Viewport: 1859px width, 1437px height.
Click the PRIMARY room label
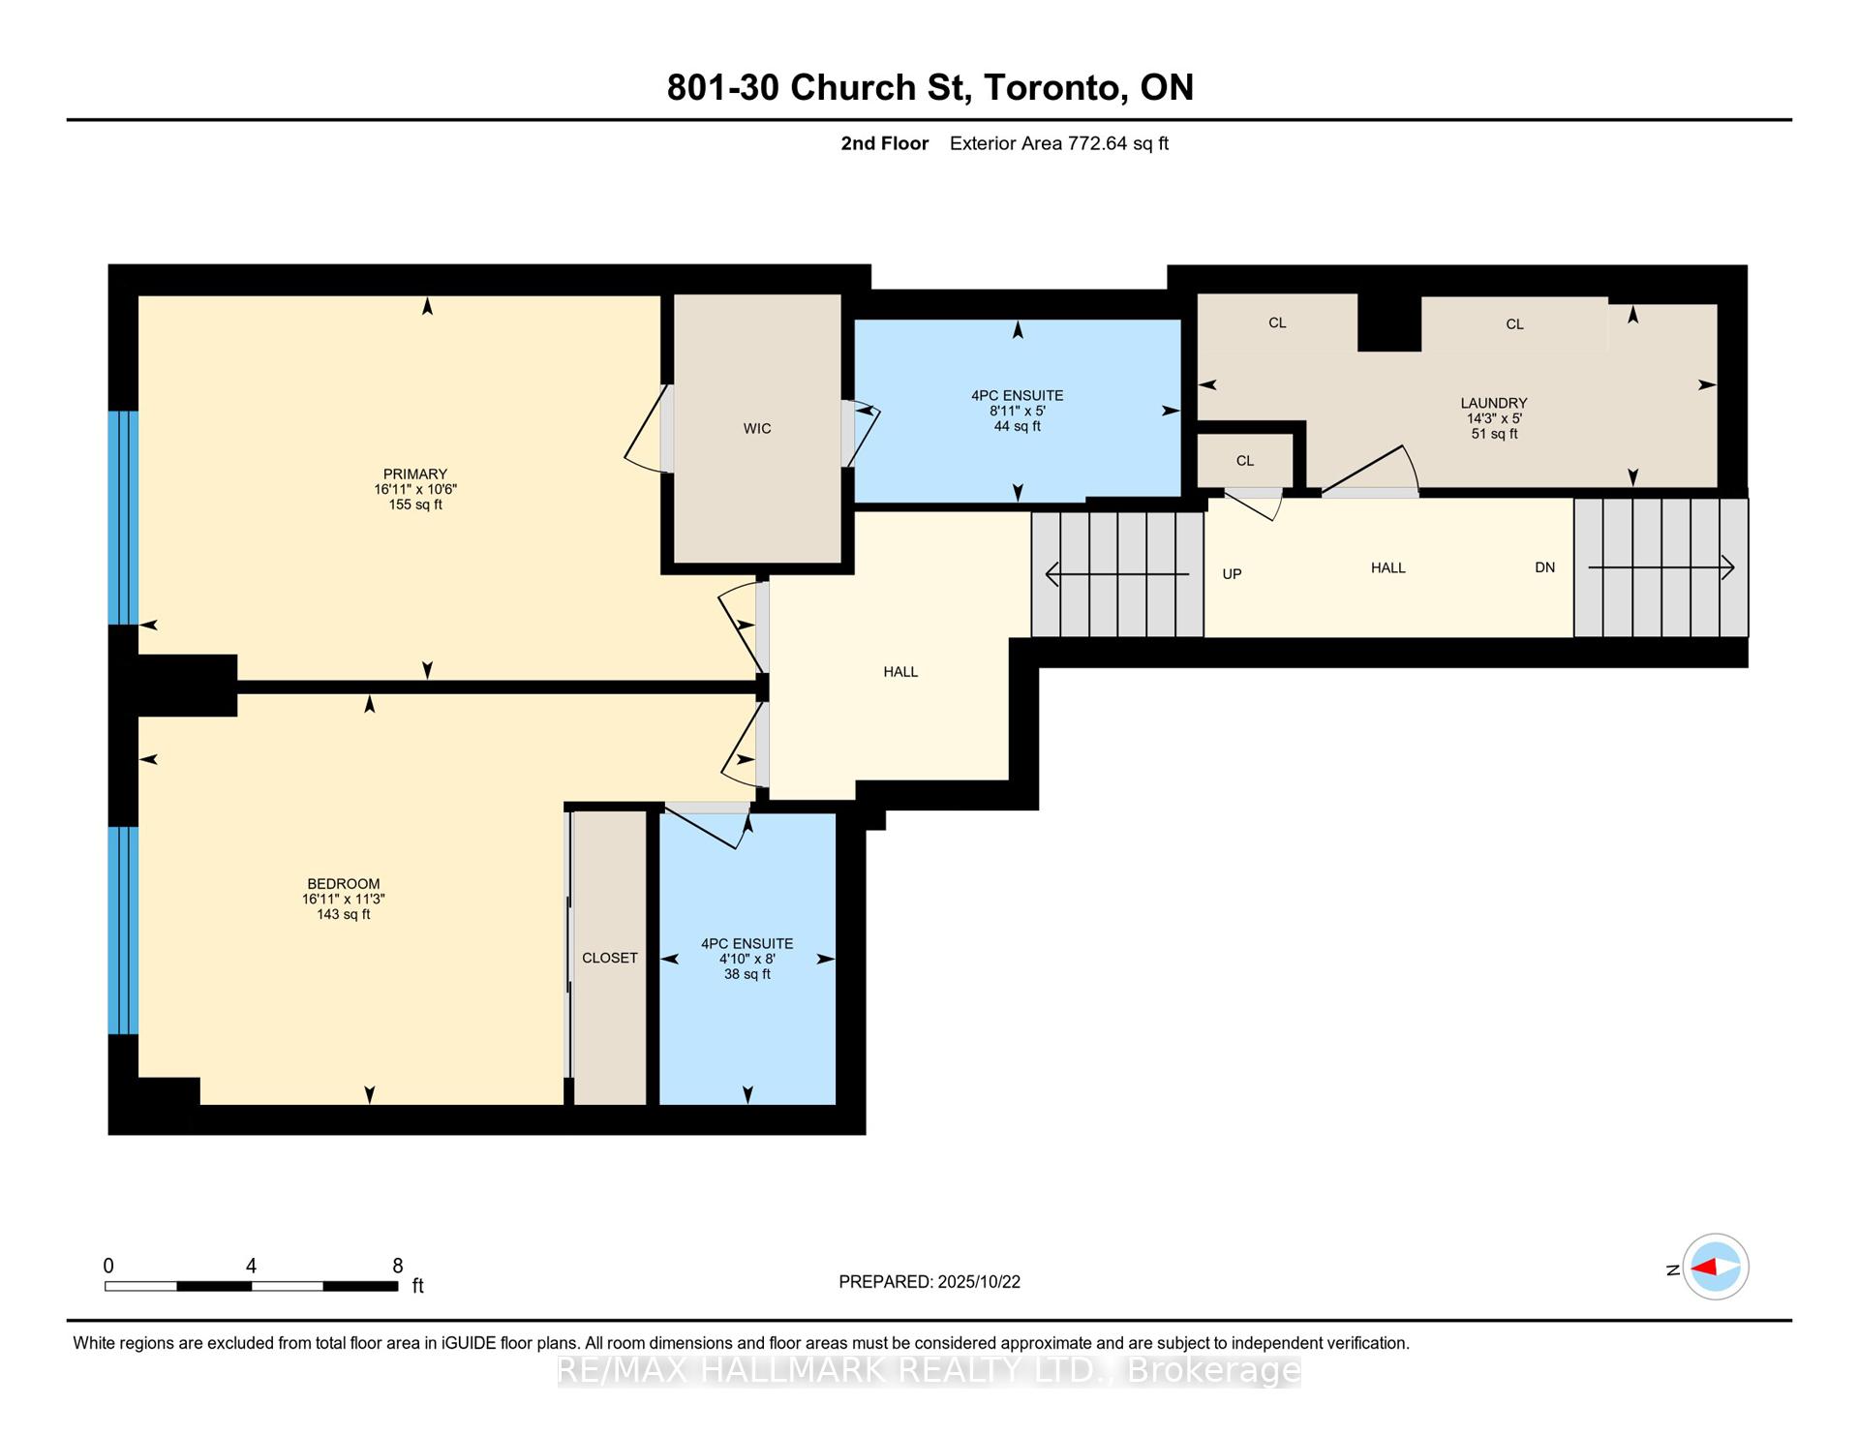[x=414, y=474]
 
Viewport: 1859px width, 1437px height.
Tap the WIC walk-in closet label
[x=757, y=429]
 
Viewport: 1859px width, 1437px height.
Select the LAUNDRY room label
[x=1493, y=403]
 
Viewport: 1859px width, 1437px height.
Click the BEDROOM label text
[x=343, y=884]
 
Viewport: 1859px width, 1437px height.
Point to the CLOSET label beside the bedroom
[x=609, y=958]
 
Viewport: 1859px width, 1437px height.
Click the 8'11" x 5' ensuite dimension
[x=1017, y=411]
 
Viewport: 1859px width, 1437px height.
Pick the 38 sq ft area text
[x=747, y=974]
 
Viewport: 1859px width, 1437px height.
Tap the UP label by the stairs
[x=1232, y=574]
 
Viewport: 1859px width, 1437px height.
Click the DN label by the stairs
[x=1544, y=567]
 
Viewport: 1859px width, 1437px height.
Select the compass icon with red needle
[x=1715, y=1267]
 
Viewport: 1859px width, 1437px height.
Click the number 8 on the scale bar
[x=397, y=1266]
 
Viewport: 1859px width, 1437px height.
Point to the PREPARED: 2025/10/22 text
[x=929, y=1282]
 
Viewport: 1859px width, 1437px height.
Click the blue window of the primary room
[x=123, y=518]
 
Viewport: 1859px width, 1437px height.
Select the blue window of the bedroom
[x=123, y=930]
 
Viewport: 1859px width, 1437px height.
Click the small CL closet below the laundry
[x=1245, y=461]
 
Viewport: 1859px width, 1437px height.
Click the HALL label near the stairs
[x=1387, y=567]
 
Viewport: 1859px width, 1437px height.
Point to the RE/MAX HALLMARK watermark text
[x=929, y=1369]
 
